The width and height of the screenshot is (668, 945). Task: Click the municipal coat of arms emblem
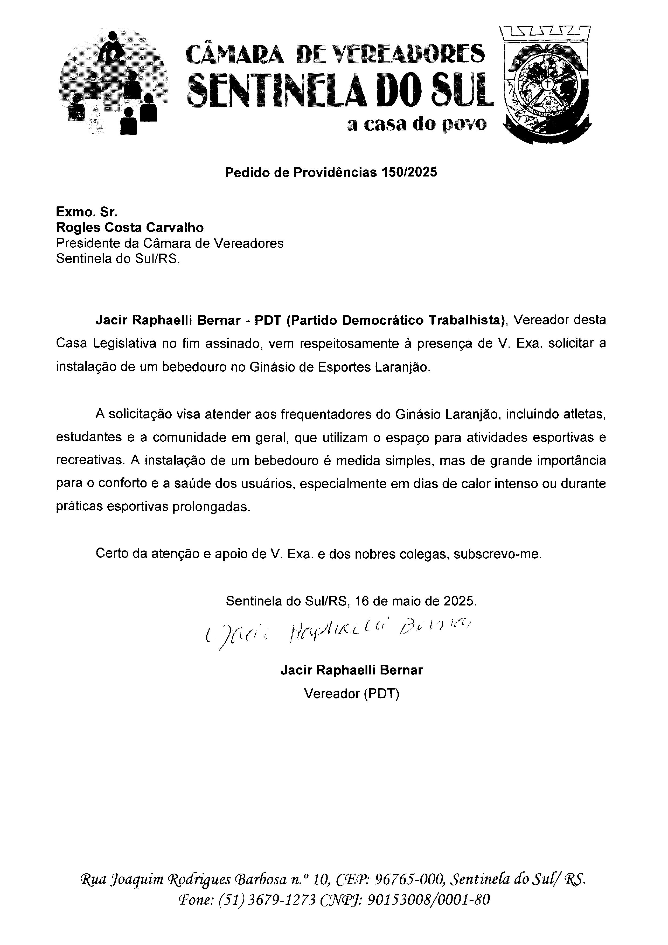click(x=547, y=84)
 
